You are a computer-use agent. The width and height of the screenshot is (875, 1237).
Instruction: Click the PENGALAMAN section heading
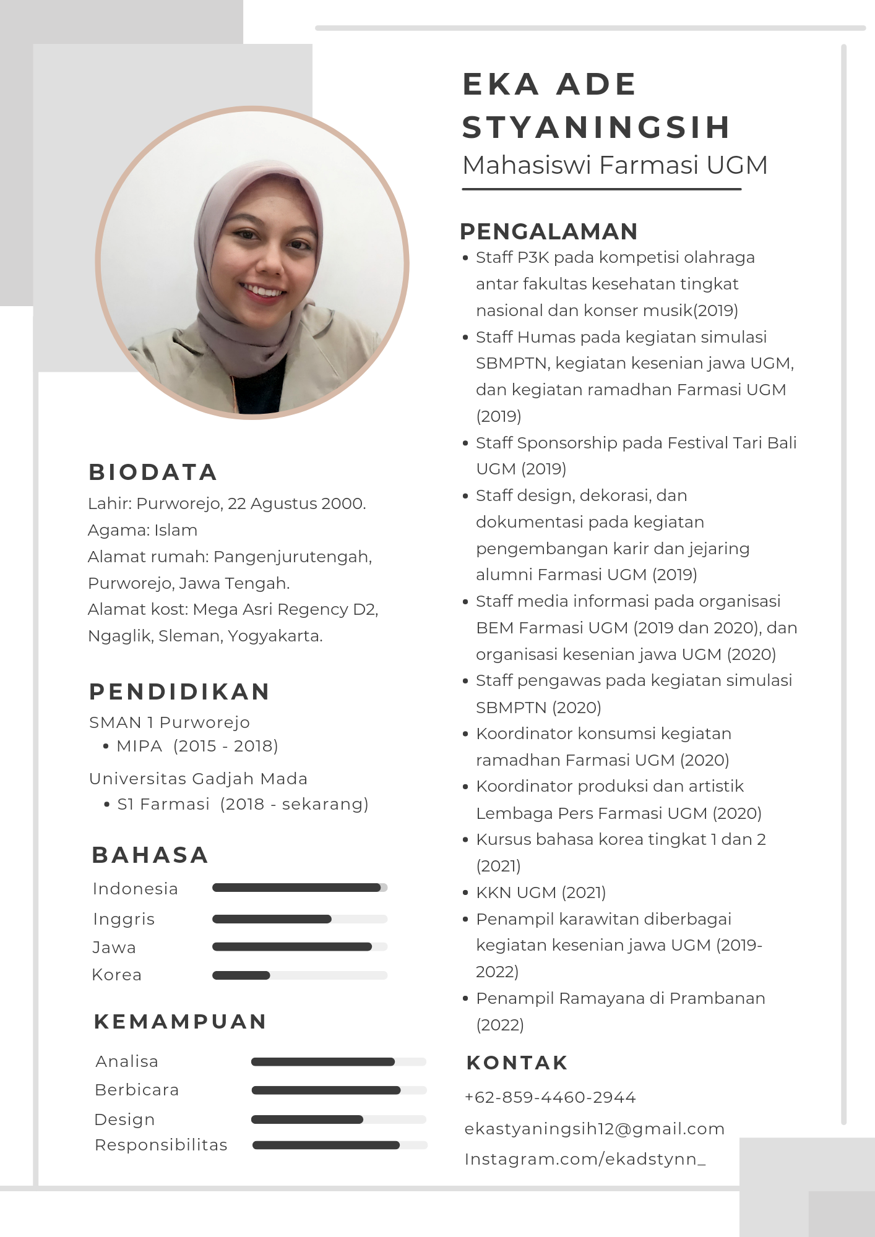click(x=548, y=231)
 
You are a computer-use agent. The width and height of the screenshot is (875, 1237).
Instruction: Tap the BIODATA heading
click(x=153, y=472)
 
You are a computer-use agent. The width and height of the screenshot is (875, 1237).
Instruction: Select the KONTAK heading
click(x=517, y=1063)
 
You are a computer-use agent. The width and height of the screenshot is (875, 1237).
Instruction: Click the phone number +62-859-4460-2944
click(x=550, y=1097)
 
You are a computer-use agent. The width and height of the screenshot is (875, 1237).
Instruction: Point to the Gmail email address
click(x=594, y=1129)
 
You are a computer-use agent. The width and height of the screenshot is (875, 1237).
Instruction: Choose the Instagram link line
click(x=585, y=1159)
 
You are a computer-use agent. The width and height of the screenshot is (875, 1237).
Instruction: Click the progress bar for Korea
click(x=300, y=975)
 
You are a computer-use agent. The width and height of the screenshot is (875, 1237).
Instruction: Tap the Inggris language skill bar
click(x=300, y=919)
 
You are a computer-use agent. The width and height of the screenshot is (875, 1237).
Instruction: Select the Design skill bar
click(x=338, y=1119)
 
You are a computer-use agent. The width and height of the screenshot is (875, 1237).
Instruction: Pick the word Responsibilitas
click(x=161, y=1145)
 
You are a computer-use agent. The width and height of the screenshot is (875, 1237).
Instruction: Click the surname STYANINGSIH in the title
click(x=597, y=127)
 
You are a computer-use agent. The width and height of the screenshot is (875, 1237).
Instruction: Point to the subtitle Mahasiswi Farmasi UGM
click(x=614, y=165)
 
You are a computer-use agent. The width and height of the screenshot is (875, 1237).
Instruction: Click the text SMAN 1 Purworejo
click(x=170, y=722)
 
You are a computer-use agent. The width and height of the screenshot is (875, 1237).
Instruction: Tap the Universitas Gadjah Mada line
click(x=198, y=779)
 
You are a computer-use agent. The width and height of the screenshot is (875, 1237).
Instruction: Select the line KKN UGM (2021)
click(x=540, y=892)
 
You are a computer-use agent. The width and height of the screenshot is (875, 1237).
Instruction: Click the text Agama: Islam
click(x=142, y=530)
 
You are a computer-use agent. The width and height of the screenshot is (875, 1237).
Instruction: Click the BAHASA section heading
click(x=150, y=855)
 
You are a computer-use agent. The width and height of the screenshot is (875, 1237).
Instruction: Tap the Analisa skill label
click(x=127, y=1061)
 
